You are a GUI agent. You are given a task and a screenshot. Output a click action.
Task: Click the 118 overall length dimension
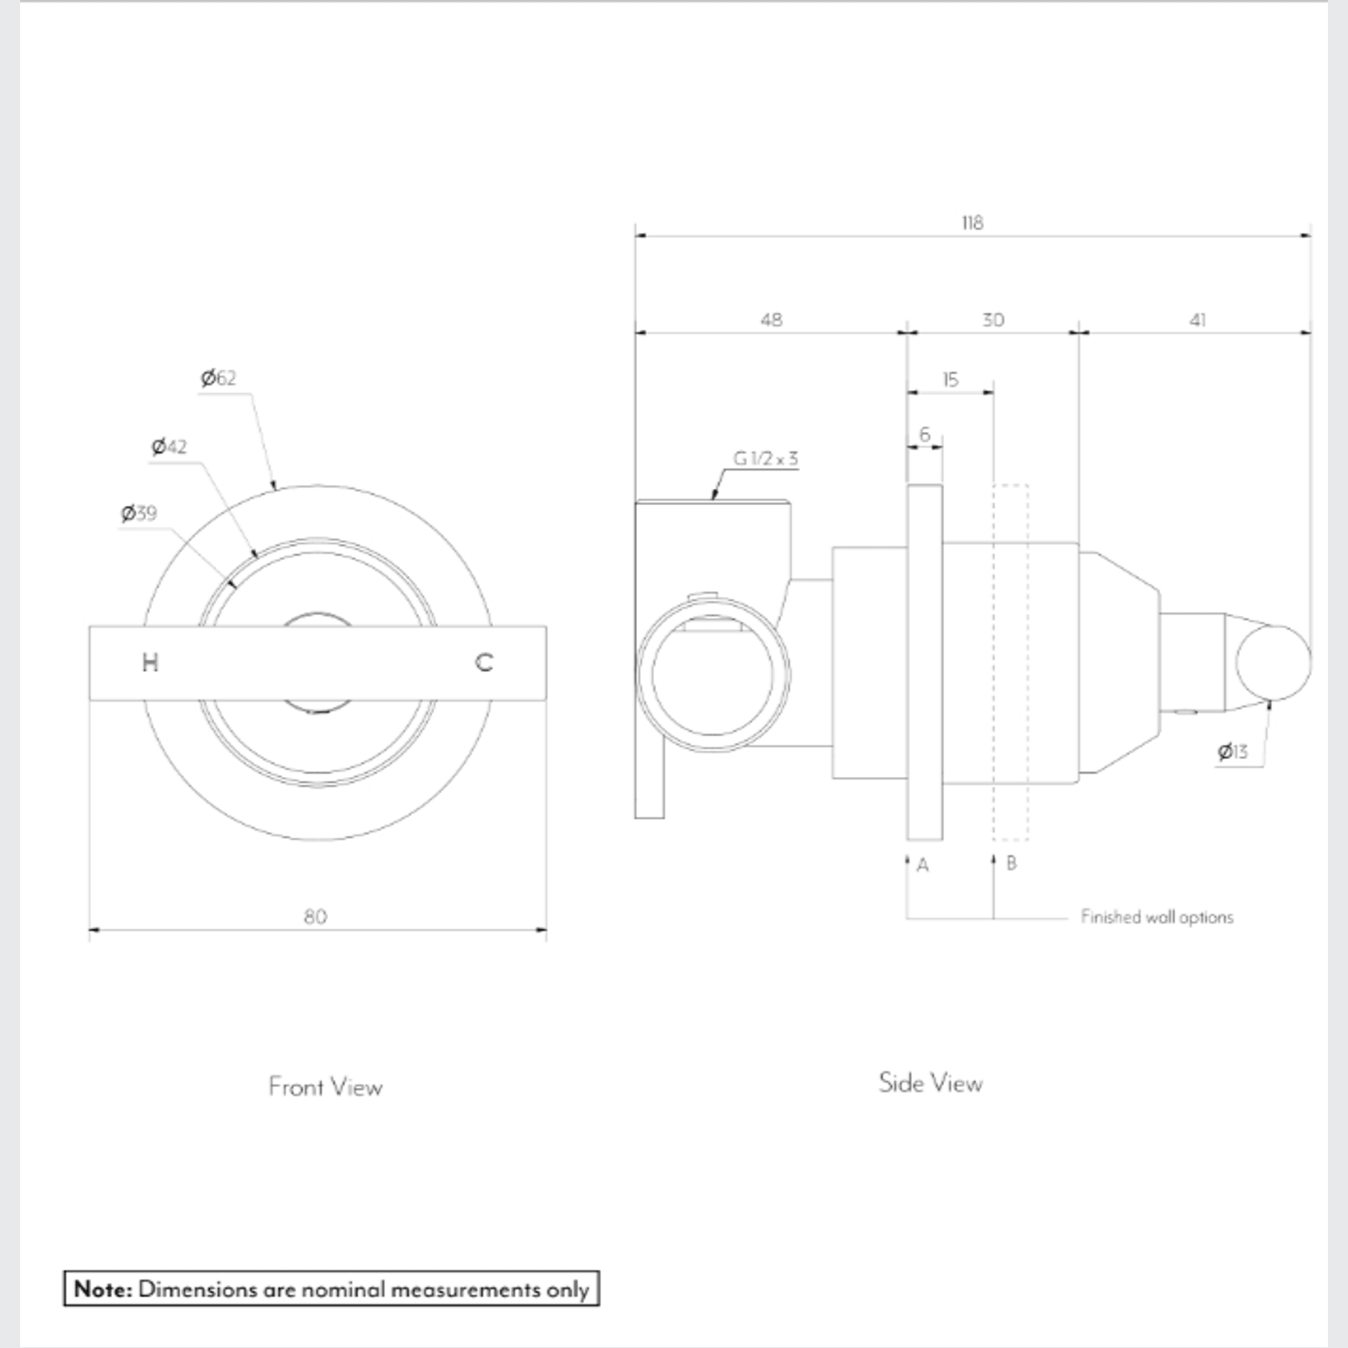click(x=972, y=223)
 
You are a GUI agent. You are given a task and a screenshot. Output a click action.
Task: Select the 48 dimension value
click(x=771, y=320)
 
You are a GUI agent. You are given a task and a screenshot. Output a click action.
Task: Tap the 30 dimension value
click(x=993, y=320)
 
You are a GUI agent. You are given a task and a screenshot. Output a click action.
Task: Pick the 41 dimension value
click(x=1197, y=320)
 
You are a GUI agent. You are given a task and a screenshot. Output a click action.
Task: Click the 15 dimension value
click(x=950, y=379)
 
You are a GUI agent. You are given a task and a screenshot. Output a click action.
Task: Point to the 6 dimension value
click(x=924, y=434)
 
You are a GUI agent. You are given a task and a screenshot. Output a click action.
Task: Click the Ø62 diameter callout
click(x=219, y=378)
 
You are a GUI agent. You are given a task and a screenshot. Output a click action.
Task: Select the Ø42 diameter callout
click(x=169, y=446)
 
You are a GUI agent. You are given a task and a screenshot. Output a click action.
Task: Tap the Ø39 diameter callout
click(x=139, y=513)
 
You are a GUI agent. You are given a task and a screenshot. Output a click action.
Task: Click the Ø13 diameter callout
click(x=1232, y=751)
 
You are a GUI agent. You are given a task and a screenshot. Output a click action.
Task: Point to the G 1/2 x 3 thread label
click(x=765, y=458)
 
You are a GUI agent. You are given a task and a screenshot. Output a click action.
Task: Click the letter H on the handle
click(x=150, y=663)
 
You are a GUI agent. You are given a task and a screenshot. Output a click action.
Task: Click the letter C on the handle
click(x=483, y=663)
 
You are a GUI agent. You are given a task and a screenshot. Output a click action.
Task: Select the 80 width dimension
click(x=315, y=916)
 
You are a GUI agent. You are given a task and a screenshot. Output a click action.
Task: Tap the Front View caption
click(x=325, y=1087)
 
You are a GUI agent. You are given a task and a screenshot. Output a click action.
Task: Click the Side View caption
click(x=931, y=1083)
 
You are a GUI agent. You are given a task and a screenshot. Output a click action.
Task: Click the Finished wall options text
click(x=1156, y=917)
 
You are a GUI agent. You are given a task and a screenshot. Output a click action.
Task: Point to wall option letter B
click(x=1011, y=864)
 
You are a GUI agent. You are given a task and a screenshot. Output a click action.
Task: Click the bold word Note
click(x=102, y=1289)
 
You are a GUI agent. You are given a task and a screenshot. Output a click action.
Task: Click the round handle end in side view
click(x=1272, y=663)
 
